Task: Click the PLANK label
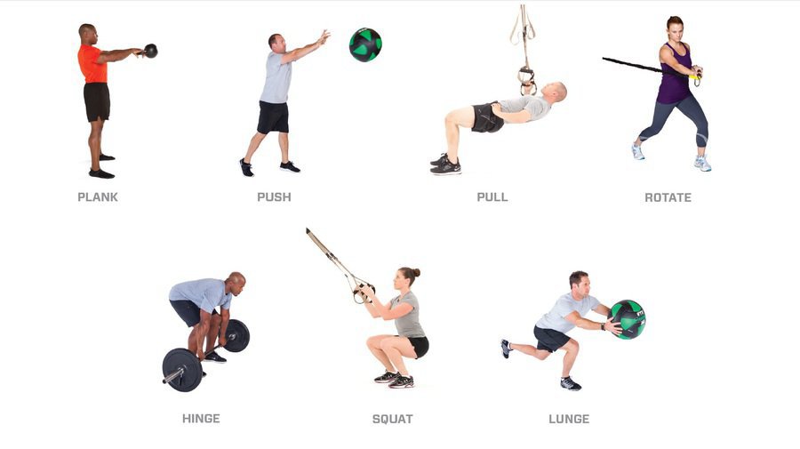(98, 197)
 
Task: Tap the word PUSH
(274, 197)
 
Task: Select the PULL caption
(492, 197)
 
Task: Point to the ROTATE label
(668, 197)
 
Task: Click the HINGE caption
(201, 419)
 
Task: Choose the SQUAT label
(392, 419)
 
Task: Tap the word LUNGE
(569, 419)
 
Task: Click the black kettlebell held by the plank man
(150, 51)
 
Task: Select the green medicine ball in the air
(365, 44)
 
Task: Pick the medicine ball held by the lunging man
(628, 319)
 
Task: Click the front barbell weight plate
(182, 370)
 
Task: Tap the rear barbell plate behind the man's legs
(236, 336)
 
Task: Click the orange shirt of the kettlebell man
(92, 64)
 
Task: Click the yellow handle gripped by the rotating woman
(693, 77)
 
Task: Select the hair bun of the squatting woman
(416, 272)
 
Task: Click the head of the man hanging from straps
(556, 92)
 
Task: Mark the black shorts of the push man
(273, 116)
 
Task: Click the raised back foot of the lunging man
(506, 349)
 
